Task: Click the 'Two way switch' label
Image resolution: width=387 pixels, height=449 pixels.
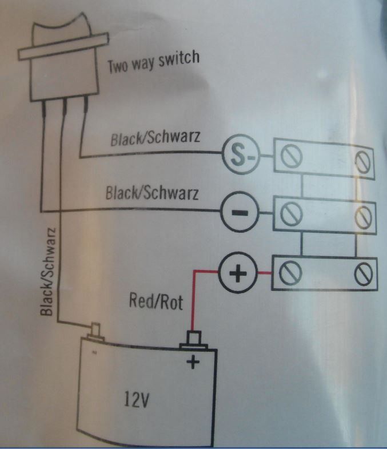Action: [154, 62]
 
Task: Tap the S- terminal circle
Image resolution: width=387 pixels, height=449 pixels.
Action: [241, 154]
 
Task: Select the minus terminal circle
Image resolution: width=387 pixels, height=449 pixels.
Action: [240, 212]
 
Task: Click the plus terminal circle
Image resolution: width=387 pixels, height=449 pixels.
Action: [238, 272]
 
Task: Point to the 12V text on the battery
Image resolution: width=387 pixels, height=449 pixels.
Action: [137, 399]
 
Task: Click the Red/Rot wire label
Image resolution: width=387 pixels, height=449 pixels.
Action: [156, 301]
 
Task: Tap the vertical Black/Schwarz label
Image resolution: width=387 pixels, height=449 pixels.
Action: [47, 272]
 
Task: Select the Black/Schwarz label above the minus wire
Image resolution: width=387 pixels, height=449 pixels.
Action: [152, 192]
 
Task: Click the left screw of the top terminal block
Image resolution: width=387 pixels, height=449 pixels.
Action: [291, 156]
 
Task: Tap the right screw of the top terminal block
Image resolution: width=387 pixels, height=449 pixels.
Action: [363, 161]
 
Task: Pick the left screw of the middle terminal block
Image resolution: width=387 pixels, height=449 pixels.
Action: [291, 213]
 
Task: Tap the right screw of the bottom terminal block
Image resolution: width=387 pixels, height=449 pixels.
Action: [364, 275]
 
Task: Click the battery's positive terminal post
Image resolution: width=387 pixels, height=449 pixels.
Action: [194, 340]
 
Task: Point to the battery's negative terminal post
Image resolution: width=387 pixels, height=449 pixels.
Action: [95, 332]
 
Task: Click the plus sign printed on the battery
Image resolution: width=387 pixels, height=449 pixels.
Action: [193, 361]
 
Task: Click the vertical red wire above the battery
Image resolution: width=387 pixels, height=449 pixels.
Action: [193, 301]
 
